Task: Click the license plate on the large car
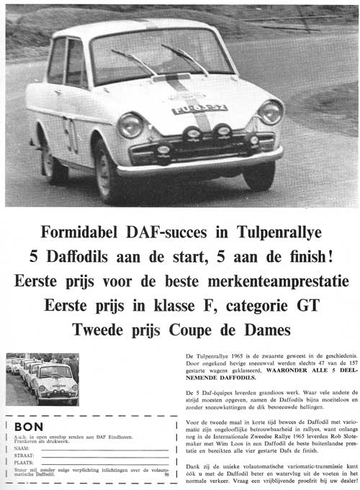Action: point(199,109)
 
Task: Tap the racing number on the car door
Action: point(71,134)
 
